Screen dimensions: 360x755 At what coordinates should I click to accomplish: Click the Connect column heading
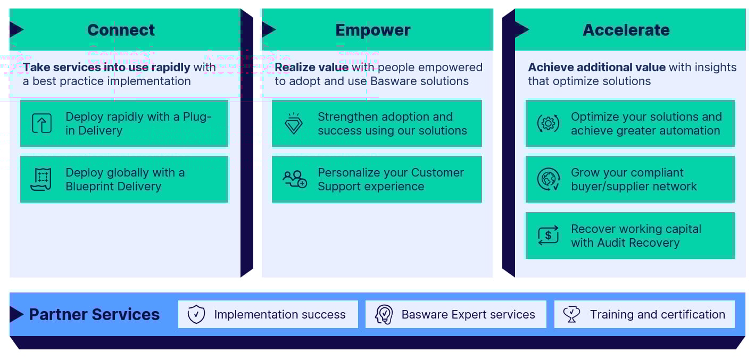(x=121, y=30)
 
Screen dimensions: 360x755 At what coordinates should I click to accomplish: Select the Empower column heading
(x=372, y=30)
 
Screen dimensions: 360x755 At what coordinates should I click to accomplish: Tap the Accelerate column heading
(x=626, y=30)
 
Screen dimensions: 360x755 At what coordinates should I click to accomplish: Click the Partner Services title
(x=94, y=314)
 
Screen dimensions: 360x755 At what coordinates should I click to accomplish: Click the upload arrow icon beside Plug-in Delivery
(x=42, y=123)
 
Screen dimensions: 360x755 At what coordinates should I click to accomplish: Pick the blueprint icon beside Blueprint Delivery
(x=42, y=179)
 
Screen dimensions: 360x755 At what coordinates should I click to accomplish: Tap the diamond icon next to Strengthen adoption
(x=294, y=123)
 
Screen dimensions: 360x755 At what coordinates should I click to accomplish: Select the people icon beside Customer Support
(x=294, y=179)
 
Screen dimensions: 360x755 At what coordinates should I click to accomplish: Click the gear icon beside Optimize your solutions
(x=547, y=123)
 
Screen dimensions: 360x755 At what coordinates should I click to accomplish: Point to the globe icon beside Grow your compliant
(x=548, y=179)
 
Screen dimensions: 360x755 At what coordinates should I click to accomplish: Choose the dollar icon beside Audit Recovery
(x=548, y=236)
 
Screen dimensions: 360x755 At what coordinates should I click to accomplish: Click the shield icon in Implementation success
(x=196, y=314)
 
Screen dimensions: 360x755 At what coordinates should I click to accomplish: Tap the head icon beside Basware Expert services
(x=384, y=314)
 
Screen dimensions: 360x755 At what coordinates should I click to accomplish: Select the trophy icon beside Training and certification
(x=571, y=314)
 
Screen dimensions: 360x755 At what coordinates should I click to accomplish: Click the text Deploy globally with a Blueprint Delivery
(x=125, y=179)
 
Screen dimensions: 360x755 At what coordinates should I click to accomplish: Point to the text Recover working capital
(x=636, y=229)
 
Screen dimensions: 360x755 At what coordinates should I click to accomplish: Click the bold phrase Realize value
(x=311, y=68)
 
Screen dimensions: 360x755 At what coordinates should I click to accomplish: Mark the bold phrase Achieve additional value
(x=596, y=68)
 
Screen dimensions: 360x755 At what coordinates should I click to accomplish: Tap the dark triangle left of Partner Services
(x=16, y=314)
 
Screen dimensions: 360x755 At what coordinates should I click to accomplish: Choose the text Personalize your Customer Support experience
(x=391, y=179)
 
